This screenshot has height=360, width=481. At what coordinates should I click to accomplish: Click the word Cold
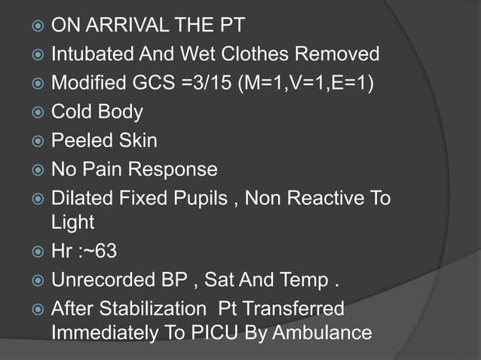coord(72,111)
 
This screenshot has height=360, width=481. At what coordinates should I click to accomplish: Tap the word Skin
coord(137,141)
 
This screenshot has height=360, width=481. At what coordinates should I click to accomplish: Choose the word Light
coord(72,222)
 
